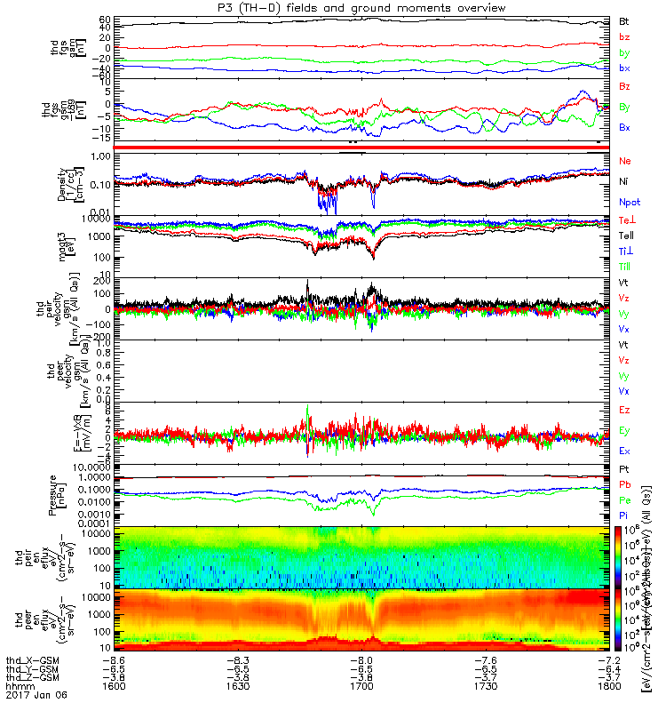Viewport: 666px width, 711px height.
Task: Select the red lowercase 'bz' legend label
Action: point(624,37)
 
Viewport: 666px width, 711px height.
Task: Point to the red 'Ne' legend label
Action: point(625,161)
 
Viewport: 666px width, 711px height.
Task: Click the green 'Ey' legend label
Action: point(625,431)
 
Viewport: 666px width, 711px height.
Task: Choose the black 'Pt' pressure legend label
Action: point(624,467)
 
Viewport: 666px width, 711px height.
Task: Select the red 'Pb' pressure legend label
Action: point(624,484)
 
